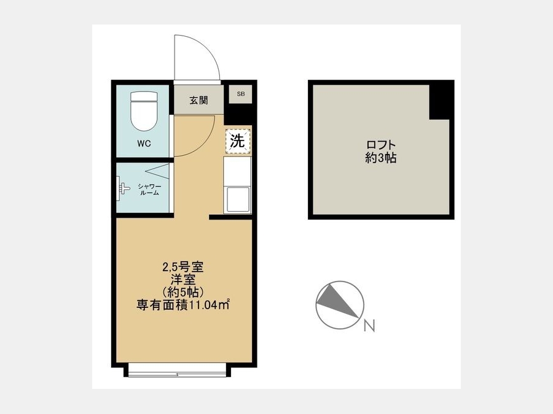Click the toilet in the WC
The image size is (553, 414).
click(x=144, y=111)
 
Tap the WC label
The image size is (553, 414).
click(x=144, y=144)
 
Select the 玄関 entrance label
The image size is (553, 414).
click(x=198, y=101)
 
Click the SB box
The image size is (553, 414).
click(x=240, y=94)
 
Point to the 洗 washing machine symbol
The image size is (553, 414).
click(x=238, y=142)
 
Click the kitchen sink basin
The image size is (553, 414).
click(x=238, y=199)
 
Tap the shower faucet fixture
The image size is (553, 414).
click(x=123, y=188)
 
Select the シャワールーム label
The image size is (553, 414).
click(x=149, y=190)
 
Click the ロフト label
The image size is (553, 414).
click(x=381, y=145)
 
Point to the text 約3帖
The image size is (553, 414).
click(x=381, y=158)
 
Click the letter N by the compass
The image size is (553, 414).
click(x=369, y=326)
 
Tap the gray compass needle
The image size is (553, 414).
click(x=338, y=301)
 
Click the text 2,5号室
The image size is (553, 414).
click(x=182, y=267)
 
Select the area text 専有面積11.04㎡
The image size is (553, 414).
click(x=183, y=305)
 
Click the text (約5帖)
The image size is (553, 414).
click(x=182, y=292)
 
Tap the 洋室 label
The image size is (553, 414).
click(x=183, y=280)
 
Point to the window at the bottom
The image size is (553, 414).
click(x=178, y=370)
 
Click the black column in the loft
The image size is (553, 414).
click(x=441, y=100)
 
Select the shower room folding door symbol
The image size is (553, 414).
click(x=157, y=171)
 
